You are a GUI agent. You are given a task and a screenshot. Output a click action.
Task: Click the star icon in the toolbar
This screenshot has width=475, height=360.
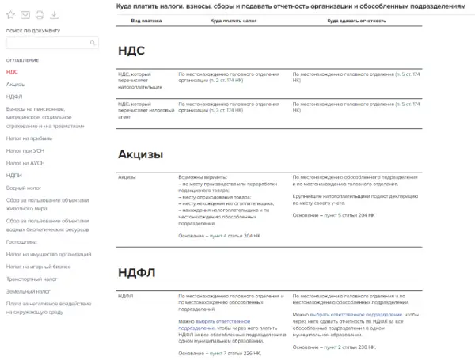(x=10, y=15)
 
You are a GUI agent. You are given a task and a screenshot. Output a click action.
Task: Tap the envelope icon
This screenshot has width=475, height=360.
(x=25, y=15)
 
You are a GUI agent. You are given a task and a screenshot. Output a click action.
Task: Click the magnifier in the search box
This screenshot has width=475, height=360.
(x=93, y=44)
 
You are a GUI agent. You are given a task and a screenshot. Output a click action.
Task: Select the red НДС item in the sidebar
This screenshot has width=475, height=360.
(x=12, y=72)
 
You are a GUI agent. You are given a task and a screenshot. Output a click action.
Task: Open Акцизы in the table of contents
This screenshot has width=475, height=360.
(x=16, y=84)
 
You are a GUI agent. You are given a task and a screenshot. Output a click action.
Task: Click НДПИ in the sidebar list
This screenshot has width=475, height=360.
(x=14, y=175)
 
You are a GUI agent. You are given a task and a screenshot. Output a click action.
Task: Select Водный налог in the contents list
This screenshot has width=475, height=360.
(x=23, y=188)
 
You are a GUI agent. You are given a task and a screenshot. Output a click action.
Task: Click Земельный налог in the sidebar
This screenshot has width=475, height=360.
(x=26, y=291)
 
